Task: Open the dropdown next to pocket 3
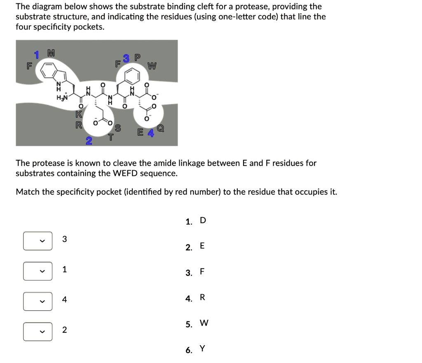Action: (x=38, y=241)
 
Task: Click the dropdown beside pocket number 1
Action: (x=38, y=271)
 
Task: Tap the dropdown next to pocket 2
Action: (x=38, y=332)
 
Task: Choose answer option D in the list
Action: (x=202, y=221)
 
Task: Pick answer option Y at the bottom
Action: (x=202, y=349)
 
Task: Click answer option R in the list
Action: (x=202, y=298)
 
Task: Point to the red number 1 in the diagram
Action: (x=37, y=54)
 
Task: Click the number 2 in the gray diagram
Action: (x=89, y=142)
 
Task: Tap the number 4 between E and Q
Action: (x=150, y=133)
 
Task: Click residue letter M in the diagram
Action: (x=51, y=53)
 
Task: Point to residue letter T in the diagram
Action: (x=110, y=138)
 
